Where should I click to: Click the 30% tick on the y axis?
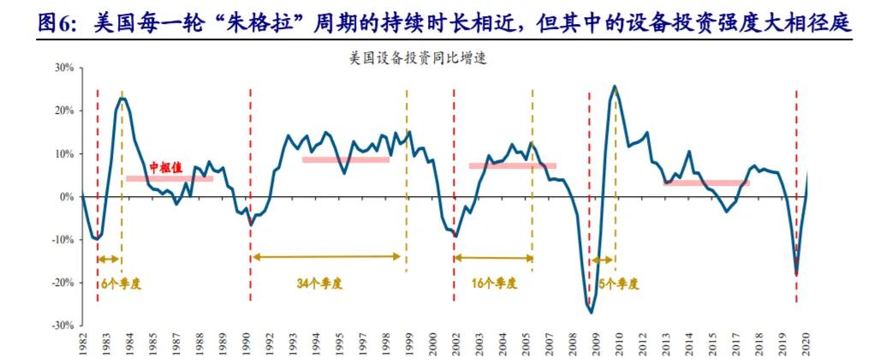point(62,67)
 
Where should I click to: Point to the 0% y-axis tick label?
point(65,197)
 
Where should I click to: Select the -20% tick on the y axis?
point(60,283)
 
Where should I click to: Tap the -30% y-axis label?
point(60,326)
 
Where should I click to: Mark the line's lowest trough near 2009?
point(591,313)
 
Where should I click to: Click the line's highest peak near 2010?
point(615,87)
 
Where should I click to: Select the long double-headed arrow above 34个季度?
point(325,256)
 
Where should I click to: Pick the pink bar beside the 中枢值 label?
point(169,178)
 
